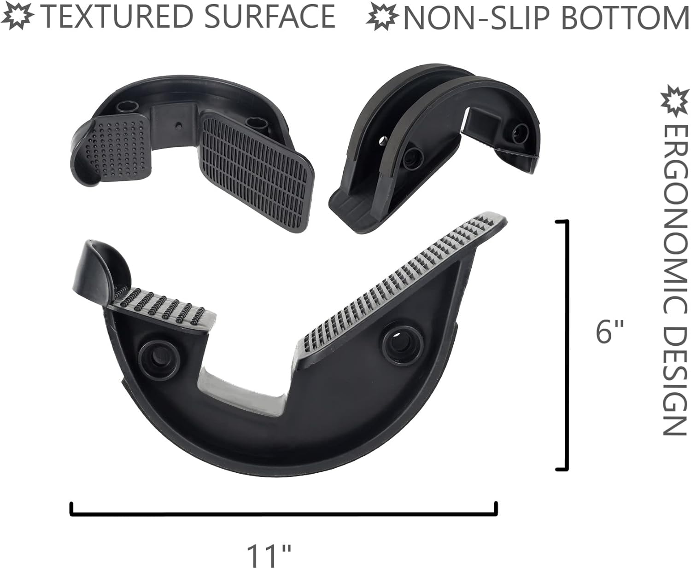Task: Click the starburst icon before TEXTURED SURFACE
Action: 20,16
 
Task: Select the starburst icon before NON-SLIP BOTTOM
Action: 382,17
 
